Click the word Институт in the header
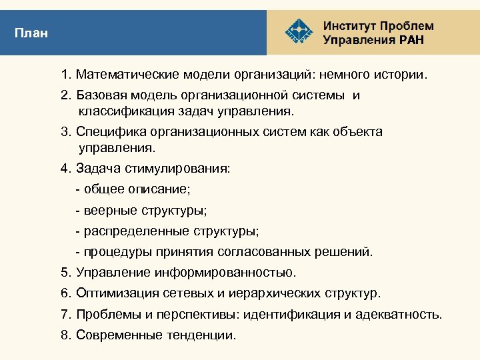pyautogui.click(x=349, y=26)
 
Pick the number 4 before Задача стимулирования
pyautogui.click(x=65, y=168)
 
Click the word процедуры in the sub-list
pyautogui.click(x=111, y=252)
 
